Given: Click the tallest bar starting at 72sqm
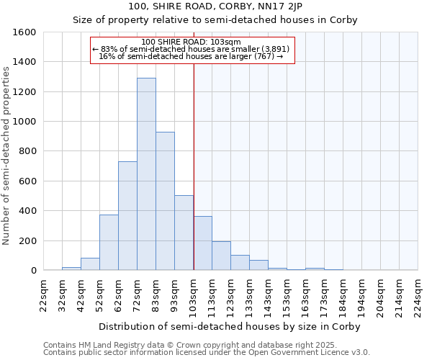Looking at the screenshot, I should point(146,174).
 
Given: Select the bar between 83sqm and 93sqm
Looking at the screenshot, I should point(165,201).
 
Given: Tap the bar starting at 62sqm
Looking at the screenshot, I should point(127,216).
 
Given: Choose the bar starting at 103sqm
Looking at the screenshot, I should point(202,243).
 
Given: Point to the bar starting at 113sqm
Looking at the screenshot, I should point(221,256).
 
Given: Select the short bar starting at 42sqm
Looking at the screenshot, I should point(90,264).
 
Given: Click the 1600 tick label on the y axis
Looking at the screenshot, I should point(24,32).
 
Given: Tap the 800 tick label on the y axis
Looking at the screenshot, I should point(27,151).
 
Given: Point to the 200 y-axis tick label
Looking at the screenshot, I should point(27,240).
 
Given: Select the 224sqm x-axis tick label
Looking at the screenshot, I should point(418,295).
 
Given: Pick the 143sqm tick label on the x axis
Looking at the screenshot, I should point(269,295).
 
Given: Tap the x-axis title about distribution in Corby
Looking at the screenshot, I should point(230,326).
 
